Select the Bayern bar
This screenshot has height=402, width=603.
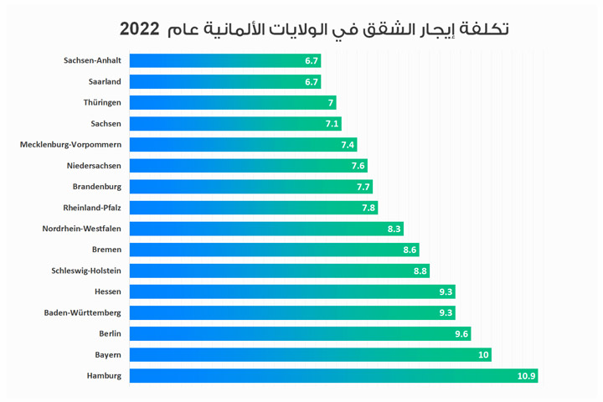click(x=311, y=355)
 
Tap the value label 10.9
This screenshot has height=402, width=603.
click(x=526, y=376)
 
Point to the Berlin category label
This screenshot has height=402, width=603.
click(x=110, y=333)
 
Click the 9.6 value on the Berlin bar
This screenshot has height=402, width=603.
click(x=461, y=334)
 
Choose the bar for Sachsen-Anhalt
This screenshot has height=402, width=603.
click(x=225, y=61)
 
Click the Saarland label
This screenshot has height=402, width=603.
click(x=105, y=82)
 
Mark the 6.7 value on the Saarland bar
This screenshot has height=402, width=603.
click(x=312, y=82)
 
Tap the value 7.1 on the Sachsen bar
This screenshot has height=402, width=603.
click(x=332, y=124)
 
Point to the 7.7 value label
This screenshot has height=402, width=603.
click(x=363, y=187)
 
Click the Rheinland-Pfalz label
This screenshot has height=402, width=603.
click(x=92, y=208)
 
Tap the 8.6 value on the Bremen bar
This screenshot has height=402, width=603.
click(x=410, y=250)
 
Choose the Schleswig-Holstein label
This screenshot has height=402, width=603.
click(x=86, y=271)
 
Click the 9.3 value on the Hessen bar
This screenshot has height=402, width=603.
click(x=446, y=291)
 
